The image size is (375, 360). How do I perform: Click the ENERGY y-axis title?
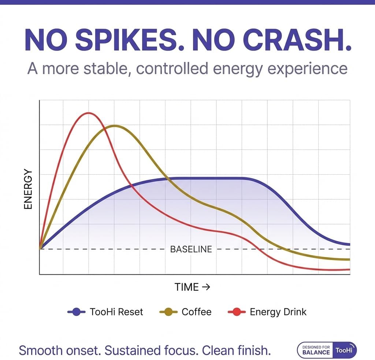(28, 189)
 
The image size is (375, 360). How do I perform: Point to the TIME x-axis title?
(187, 287)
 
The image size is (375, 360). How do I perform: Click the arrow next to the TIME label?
(206, 287)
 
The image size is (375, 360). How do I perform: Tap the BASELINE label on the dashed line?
(191, 249)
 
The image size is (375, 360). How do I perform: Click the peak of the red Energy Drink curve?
(88, 113)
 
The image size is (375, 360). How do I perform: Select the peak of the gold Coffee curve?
(115, 126)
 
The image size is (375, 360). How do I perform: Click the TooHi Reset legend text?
(116, 312)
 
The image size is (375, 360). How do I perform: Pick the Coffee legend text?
(197, 312)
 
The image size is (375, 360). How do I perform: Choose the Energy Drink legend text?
(278, 312)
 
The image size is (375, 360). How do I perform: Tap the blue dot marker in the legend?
(77, 312)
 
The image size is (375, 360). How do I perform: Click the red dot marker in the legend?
(237, 312)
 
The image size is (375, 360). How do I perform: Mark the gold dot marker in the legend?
(168, 312)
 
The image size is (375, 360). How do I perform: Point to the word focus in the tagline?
(181, 350)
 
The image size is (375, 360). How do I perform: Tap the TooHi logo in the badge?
(345, 350)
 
